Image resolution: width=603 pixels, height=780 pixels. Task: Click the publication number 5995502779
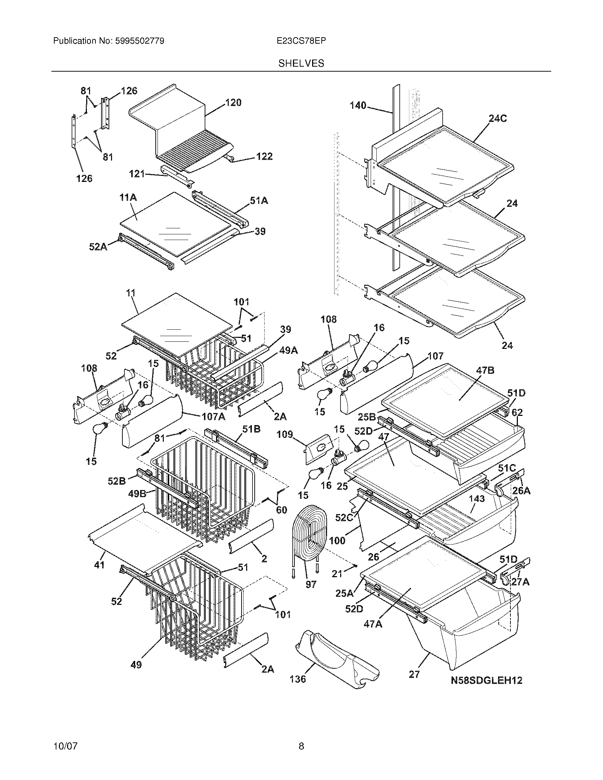coord(139,41)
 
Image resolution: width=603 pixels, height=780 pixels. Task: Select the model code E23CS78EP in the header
coord(301,41)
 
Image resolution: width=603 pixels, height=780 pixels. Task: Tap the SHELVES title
coord(301,63)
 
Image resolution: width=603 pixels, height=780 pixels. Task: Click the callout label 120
coord(233,103)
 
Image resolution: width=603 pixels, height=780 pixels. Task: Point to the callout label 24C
coord(498,118)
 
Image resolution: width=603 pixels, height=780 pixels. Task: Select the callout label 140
coord(358,105)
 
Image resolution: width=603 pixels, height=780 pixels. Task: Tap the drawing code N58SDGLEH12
coord(486,680)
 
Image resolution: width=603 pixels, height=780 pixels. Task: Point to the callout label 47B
coord(485,370)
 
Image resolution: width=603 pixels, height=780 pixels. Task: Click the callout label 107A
coord(213,417)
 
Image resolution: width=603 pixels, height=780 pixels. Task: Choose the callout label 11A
coord(128,197)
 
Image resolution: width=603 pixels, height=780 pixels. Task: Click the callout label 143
coord(477,498)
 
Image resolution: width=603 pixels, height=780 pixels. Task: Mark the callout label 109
coord(285,435)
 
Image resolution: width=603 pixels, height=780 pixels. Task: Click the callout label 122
coord(264,156)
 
